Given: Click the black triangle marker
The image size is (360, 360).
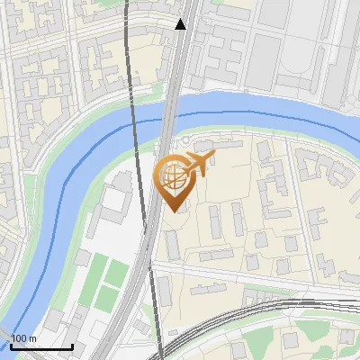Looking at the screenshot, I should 181,24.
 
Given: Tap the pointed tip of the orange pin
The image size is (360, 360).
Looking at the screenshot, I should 173,211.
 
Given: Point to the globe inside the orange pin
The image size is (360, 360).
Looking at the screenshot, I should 172,176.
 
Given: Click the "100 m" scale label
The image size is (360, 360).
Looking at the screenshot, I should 23,338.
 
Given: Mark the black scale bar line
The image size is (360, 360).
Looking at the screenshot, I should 41,346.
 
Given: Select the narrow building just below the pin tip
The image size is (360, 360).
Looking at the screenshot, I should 171,243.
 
